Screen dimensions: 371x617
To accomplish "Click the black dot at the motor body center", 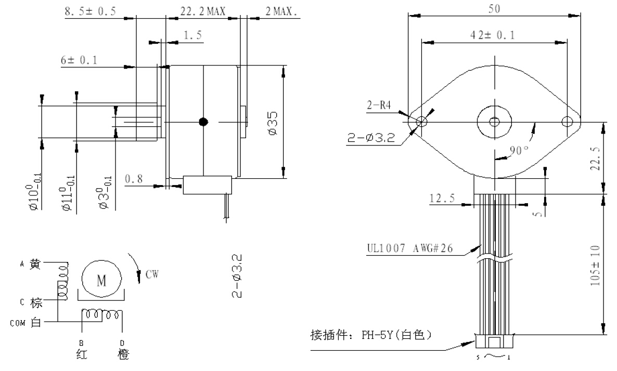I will click(x=203, y=122).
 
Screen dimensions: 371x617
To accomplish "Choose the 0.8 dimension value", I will click(x=135, y=179).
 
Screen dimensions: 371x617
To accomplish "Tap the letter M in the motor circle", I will click(x=101, y=281).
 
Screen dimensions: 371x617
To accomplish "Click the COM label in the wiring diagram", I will click(x=18, y=322).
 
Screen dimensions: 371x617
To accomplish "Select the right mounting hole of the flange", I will click(x=567, y=122).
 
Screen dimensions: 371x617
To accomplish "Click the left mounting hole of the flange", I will click(x=421, y=122).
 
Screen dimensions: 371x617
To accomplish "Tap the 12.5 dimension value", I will click(x=443, y=198).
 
